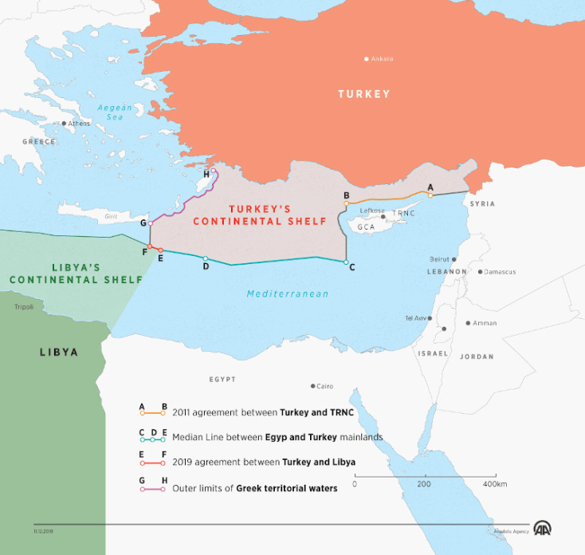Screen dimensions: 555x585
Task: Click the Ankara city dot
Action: [x=367, y=58]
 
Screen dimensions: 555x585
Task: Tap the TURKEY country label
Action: [x=363, y=94]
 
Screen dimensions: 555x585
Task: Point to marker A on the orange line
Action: [x=430, y=195]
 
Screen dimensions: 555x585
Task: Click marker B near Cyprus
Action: [x=346, y=203]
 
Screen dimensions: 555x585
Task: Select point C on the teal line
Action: [x=346, y=262]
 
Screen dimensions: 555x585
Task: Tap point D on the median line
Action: [x=205, y=258]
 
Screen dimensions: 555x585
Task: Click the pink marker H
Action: [x=213, y=171]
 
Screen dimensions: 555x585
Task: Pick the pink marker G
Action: [x=150, y=223]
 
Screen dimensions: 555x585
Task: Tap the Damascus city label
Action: [x=500, y=272]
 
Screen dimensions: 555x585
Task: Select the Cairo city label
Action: [x=324, y=386]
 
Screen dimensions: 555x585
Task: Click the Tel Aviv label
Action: [x=415, y=318]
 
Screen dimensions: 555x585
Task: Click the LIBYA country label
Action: [x=58, y=352]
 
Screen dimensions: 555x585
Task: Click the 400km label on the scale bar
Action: [x=494, y=484]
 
